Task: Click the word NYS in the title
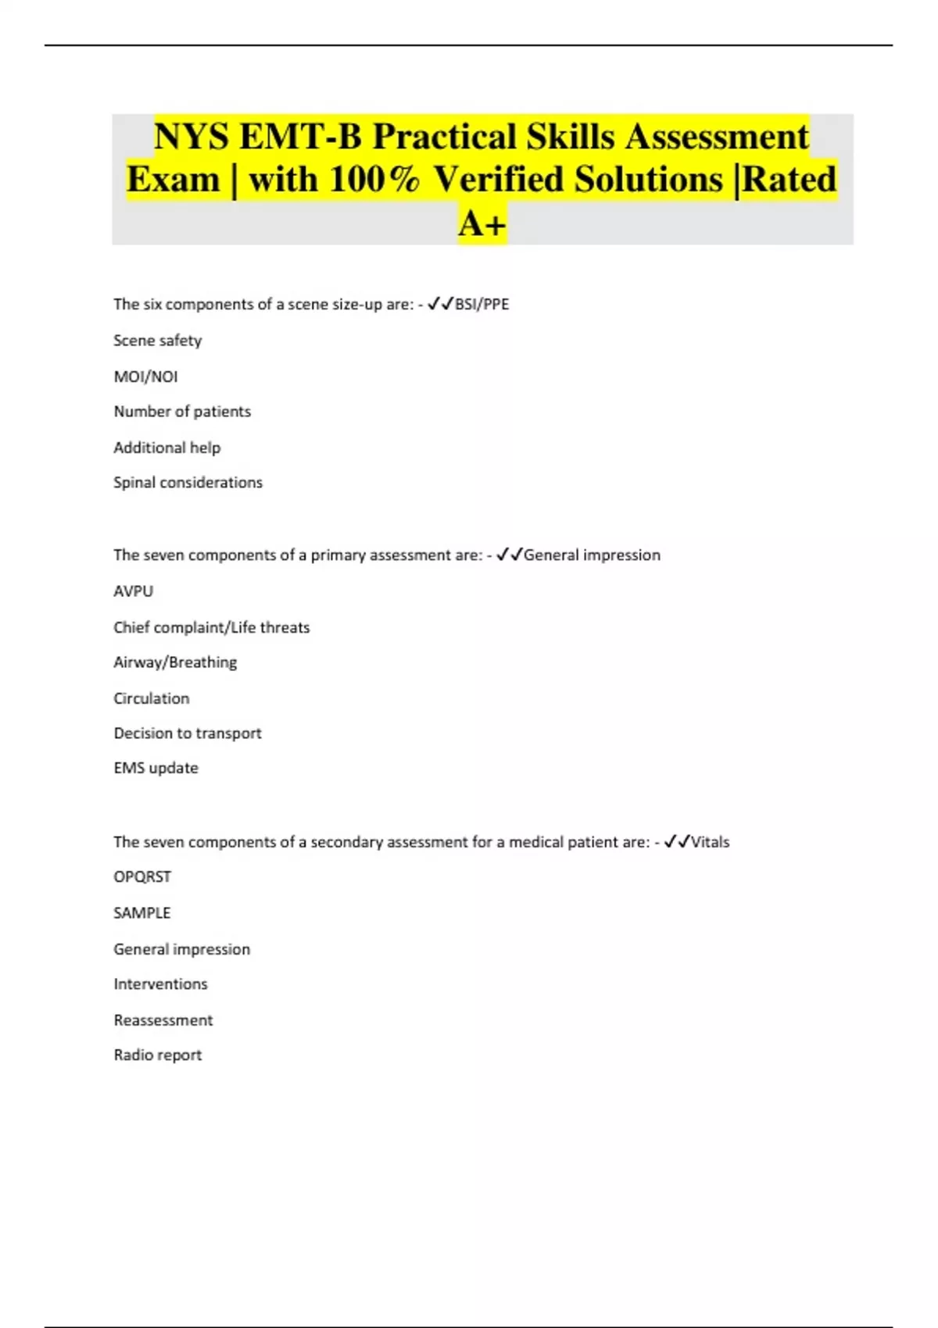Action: tap(192, 137)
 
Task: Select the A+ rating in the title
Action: tap(482, 224)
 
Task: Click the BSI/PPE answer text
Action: tap(482, 304)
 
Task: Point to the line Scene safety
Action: tap(158, 341)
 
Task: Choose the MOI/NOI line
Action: tap(146, 377)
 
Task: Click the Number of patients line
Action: tap(182, 412)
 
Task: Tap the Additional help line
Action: tap(167, 448)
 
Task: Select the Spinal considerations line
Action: tap(188, 483)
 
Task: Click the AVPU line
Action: tap(134, 591)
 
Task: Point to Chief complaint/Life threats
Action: tap(211, 627)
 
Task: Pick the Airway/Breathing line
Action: tap(175, 662)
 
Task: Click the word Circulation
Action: tap(152, 698)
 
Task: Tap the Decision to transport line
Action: tap(188, 734)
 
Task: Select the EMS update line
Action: tap(156, 768)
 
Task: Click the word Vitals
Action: tap(710, 842)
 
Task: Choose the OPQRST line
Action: tap(142, 877)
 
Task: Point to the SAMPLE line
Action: tap(142, 913)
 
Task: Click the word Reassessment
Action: tap(163, 1020)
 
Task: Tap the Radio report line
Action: tap(158, 1055)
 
